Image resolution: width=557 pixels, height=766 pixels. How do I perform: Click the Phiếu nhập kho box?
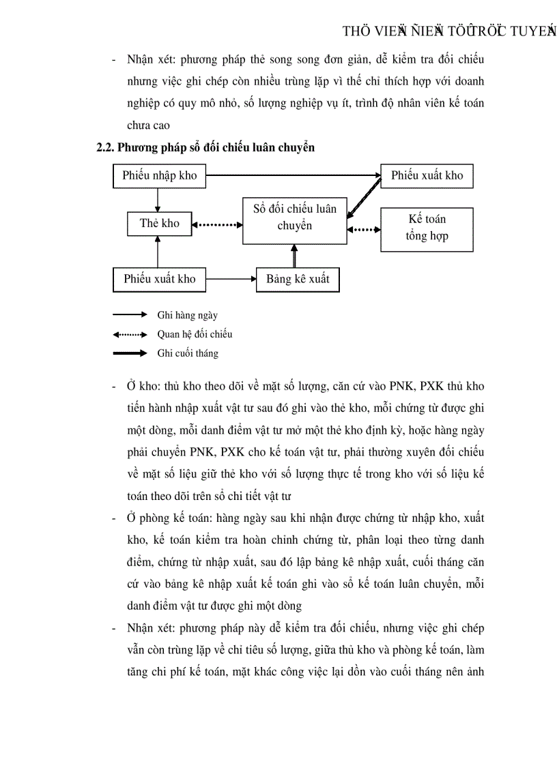click(159, 176)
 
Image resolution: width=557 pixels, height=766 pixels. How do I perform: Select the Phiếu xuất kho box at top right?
click(427, 176)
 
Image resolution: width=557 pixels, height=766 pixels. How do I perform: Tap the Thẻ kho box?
click(159, 224)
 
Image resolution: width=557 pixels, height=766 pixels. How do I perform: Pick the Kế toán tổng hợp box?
click(427, 228)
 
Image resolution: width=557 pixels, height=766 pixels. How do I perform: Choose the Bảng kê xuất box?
click(297, 279)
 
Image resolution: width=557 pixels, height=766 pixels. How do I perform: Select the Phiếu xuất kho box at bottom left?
click(159, 279)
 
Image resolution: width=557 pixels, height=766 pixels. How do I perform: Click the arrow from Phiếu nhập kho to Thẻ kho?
click(158, 199)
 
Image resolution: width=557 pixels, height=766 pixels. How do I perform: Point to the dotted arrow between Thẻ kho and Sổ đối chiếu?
click(217, 224)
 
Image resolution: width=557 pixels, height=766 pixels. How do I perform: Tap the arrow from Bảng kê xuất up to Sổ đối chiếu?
click(295, 255)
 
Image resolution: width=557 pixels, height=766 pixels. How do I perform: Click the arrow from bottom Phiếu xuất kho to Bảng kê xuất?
click(231, 279)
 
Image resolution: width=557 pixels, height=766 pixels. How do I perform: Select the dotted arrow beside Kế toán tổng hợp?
click(363, 229)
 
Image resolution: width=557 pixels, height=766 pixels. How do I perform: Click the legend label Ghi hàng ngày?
click(187, 315)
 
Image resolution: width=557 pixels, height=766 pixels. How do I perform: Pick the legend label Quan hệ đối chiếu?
click(195, 334)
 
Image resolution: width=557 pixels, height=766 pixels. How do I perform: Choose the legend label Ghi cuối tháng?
click(188, 353)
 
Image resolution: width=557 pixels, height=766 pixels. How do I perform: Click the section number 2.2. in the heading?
click(108, 147)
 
